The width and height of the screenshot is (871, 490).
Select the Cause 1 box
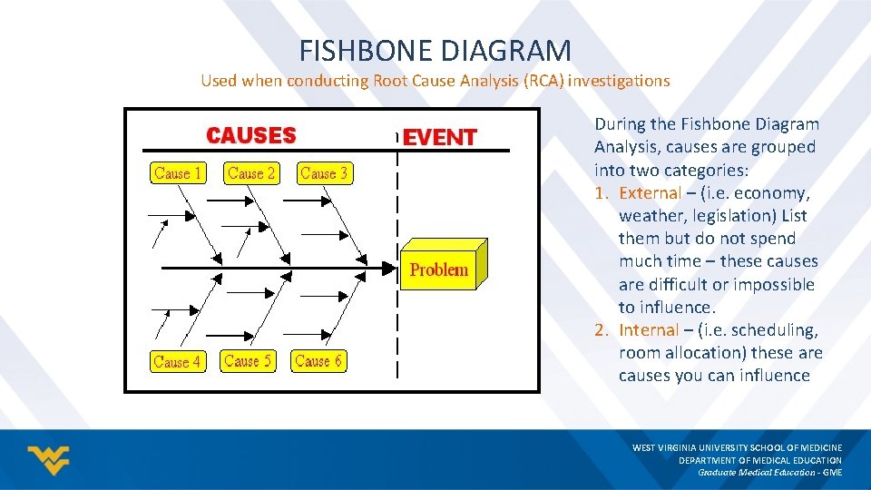178,173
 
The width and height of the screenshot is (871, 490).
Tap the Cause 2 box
251,173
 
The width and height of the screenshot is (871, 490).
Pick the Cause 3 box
324,173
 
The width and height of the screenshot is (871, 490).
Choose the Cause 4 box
177,361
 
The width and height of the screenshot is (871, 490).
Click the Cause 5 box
248,361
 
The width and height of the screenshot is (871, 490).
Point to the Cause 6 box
318,361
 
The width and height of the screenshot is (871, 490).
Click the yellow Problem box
439,269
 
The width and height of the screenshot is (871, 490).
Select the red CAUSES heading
251,136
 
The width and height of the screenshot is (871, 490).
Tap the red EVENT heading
440,138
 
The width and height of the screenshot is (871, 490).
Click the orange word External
650,192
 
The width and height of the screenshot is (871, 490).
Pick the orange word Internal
649,330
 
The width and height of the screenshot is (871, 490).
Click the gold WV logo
48,460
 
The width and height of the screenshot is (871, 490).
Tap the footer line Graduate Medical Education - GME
769,472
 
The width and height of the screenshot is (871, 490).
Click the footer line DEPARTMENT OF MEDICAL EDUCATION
760,460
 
